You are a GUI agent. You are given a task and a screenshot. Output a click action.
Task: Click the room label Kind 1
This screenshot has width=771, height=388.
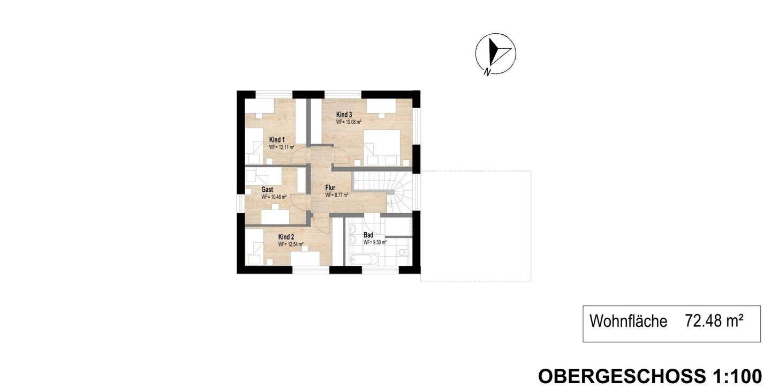pos(277,139)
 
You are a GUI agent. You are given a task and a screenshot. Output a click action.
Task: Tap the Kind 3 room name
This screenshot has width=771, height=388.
pos(344,115)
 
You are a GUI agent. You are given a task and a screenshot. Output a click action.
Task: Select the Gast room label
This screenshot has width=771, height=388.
pos(267,190)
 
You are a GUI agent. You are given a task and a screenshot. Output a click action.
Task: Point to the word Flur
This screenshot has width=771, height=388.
pos(330,188)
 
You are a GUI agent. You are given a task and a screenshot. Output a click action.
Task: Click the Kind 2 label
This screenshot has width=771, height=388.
pos(286,237)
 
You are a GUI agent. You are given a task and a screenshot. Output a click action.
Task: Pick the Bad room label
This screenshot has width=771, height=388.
pos(368,235)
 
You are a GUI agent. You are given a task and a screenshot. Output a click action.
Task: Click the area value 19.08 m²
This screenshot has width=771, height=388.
pos(352,122)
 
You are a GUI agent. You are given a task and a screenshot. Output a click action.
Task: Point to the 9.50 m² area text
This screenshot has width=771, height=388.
pos(379,242)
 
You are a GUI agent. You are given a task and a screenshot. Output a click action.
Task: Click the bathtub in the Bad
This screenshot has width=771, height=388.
pos(364,259)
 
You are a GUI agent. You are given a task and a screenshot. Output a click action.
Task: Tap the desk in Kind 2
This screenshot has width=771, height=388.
pos(305,259)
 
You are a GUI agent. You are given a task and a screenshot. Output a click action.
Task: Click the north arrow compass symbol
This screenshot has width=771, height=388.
pos(496,54)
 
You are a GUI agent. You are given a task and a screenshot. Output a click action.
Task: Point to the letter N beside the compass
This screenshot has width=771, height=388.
pos(487,72)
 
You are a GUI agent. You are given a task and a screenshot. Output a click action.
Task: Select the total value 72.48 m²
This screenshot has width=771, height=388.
pos(714,320)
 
